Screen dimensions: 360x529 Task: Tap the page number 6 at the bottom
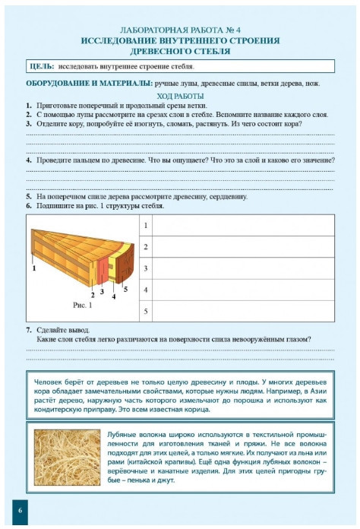coord(20,510)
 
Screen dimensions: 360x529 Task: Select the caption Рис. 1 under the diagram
coord(82,306)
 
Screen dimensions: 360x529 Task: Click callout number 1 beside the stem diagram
coord(34,268)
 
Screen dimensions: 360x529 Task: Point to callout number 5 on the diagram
coord(125,289)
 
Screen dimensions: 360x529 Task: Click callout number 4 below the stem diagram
coord(114,297)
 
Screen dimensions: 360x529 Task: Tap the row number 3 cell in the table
coord(146,268)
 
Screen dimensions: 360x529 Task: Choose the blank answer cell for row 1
coord(243,226)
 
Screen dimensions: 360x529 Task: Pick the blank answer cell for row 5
coord(243,311)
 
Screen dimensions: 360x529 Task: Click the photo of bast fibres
coord(67,457)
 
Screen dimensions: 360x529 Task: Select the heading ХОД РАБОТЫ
coord(180,97)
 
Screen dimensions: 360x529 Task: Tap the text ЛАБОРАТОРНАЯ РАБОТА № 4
coord(180,30)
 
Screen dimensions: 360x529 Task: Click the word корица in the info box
coord(198,410)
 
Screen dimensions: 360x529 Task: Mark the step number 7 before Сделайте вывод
coord(29,330)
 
